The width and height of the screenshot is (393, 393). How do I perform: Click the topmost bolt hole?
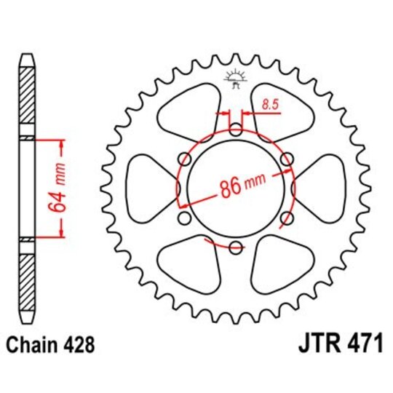coord(235,131)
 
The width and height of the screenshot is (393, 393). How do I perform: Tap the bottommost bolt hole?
coord(235,248)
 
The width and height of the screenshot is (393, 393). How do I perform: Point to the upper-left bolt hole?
coord(184,160)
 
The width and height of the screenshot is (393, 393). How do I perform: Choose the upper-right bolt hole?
coord(286,160)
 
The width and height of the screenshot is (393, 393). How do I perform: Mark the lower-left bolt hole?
coord(184,219)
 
